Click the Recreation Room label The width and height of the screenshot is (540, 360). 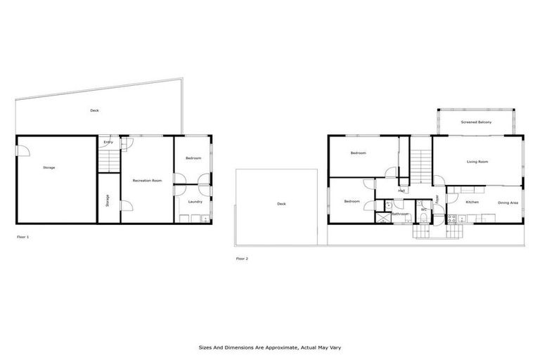pyautogui.click(x=148, y=181)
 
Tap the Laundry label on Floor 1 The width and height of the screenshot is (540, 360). pyautogui.click(x=195, y=202)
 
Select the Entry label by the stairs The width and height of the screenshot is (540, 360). pyautogui.click(x=108, y=143)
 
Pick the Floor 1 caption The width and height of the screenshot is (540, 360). pyautogui.click(x=23, y=238)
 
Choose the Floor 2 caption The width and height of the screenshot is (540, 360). pyautogui.click(x=242, y=259)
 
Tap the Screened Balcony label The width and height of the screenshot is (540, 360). pyautogui.click(x=476, y=122)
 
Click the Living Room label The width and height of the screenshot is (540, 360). pyautogui.click(x=477, y=162)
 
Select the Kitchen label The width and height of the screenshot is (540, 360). pyautogui.click(x=472, y=202)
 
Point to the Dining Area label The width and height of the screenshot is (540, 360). pyautogui.click(x=508, y=202)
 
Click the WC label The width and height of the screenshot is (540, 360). pyautogui.click(x=425, y=210)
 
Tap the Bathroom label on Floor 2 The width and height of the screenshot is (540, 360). pyautogui.click(x=400, y=214)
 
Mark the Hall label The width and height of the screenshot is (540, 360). pyautogui.click(x=401, y=191)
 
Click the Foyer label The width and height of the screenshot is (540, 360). pyautogui.click(x=437, y=199)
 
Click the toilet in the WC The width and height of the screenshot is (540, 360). pyautogui.click(x=425, y=219)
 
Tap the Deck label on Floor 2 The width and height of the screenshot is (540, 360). pyautogui.click(x=281, y=204)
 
